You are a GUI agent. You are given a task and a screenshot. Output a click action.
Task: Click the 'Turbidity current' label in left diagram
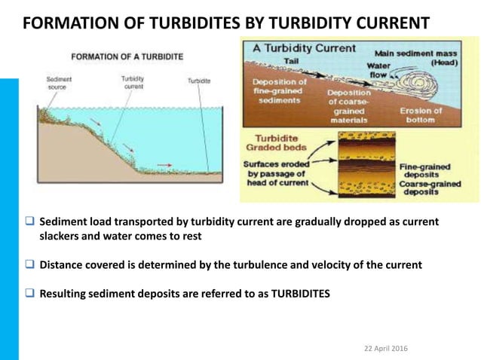point(133,81)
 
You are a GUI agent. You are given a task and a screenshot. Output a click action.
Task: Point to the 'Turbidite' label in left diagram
point(200,80)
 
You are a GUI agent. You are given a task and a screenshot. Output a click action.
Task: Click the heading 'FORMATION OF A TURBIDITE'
point(127,56)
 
